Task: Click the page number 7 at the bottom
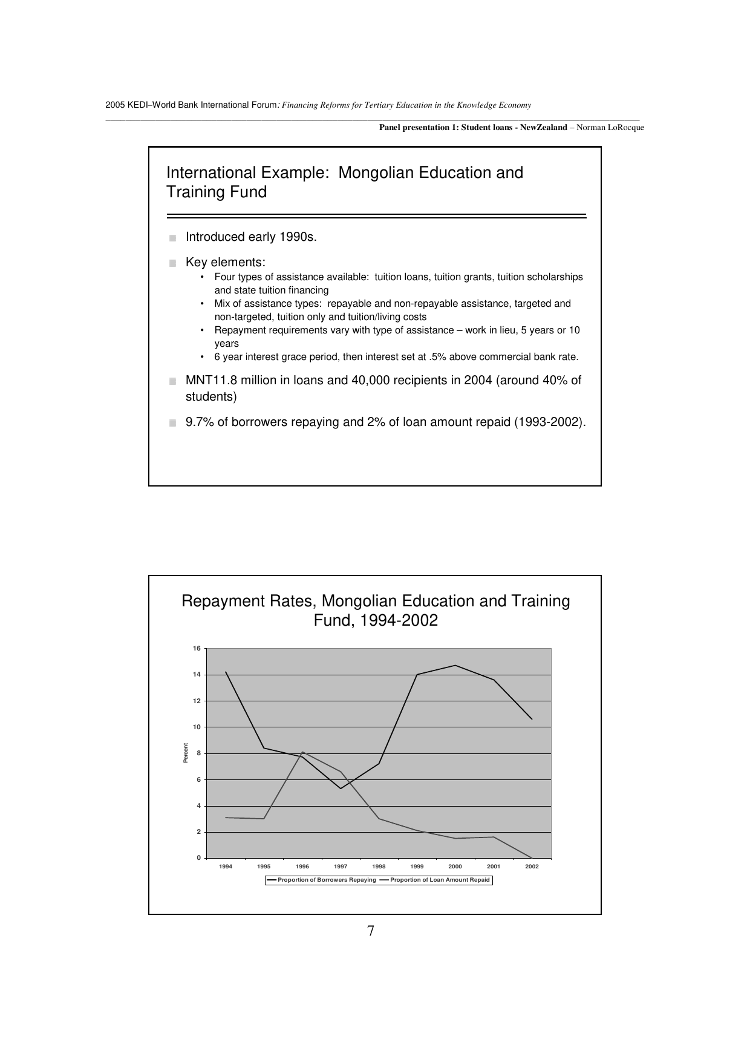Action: pyautogui.click(x=371, y=931)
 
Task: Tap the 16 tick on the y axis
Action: pyautogui.click(x=197, y=648)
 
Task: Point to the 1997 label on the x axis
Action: pyautogui.click(x=341, y=867)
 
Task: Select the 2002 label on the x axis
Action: pyautogui.click(x=532, y=867)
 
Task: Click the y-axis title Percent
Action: pyautogui.click(x=186, y=753)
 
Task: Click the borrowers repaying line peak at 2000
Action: pyautogui.click(x=455, y=666)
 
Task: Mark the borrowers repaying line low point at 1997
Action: pyautogui.click(x=341, y=788)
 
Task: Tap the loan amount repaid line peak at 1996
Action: pyautogui.click(x=302, y=752)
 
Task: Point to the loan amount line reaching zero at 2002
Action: pyautogui.click(x=532, y=857)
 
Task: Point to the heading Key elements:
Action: pyautogui.click(x=225, y=263)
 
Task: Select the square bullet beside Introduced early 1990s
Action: pyautogui.click(x=173, y=238)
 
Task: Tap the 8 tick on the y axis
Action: pyautogui.click(x=197, y=753)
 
